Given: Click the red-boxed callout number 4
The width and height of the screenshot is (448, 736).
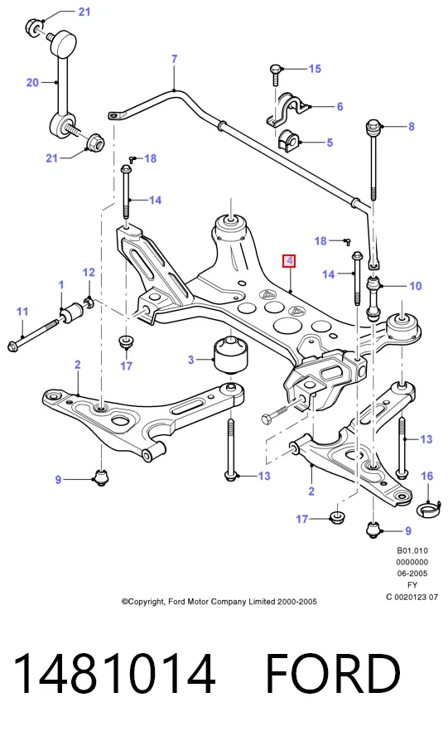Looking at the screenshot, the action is pyautogui.click(x=289, y=261).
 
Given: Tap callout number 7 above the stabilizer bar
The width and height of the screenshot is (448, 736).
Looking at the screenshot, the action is pyautogui.click(x=174, y=59).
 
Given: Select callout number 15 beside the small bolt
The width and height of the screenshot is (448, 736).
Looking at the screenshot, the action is pyautogui.click(x=315, y=69).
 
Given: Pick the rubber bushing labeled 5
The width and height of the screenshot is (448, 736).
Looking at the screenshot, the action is pyautogui.click(x=288, y=141).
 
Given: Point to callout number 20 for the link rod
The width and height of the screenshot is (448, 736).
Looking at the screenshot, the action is pyautogui.click(x=32, y=83).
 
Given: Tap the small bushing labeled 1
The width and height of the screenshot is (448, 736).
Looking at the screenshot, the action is pyautogui.click(x=71, y=313).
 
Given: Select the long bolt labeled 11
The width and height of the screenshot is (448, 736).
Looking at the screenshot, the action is pyautogui.click(x=33, y=335).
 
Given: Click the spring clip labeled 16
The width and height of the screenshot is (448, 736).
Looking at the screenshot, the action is pyautogui.click(x=429, y=508).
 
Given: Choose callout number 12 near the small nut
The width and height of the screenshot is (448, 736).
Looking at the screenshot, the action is pyautogui.click(x=89, y=272).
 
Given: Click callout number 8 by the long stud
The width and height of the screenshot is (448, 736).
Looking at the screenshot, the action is pyautogui.click(x=412, y=127).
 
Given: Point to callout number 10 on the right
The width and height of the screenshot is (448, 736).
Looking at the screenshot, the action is pyautogui.click(x=415, y=286).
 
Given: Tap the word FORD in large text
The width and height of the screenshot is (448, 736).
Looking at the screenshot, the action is pyautogui.click(x=333, y=674).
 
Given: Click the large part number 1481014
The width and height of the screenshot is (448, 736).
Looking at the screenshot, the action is pyautogui.click(x=114, y=674).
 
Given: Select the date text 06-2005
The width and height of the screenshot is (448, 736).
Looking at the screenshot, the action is pyautogui.click(x=412, y=573).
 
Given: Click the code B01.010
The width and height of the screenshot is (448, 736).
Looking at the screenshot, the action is pyautogui.click(x=412, y=550).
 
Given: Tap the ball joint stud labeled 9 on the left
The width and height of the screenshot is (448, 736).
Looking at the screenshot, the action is pyautogui.click(x=101, y=477).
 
